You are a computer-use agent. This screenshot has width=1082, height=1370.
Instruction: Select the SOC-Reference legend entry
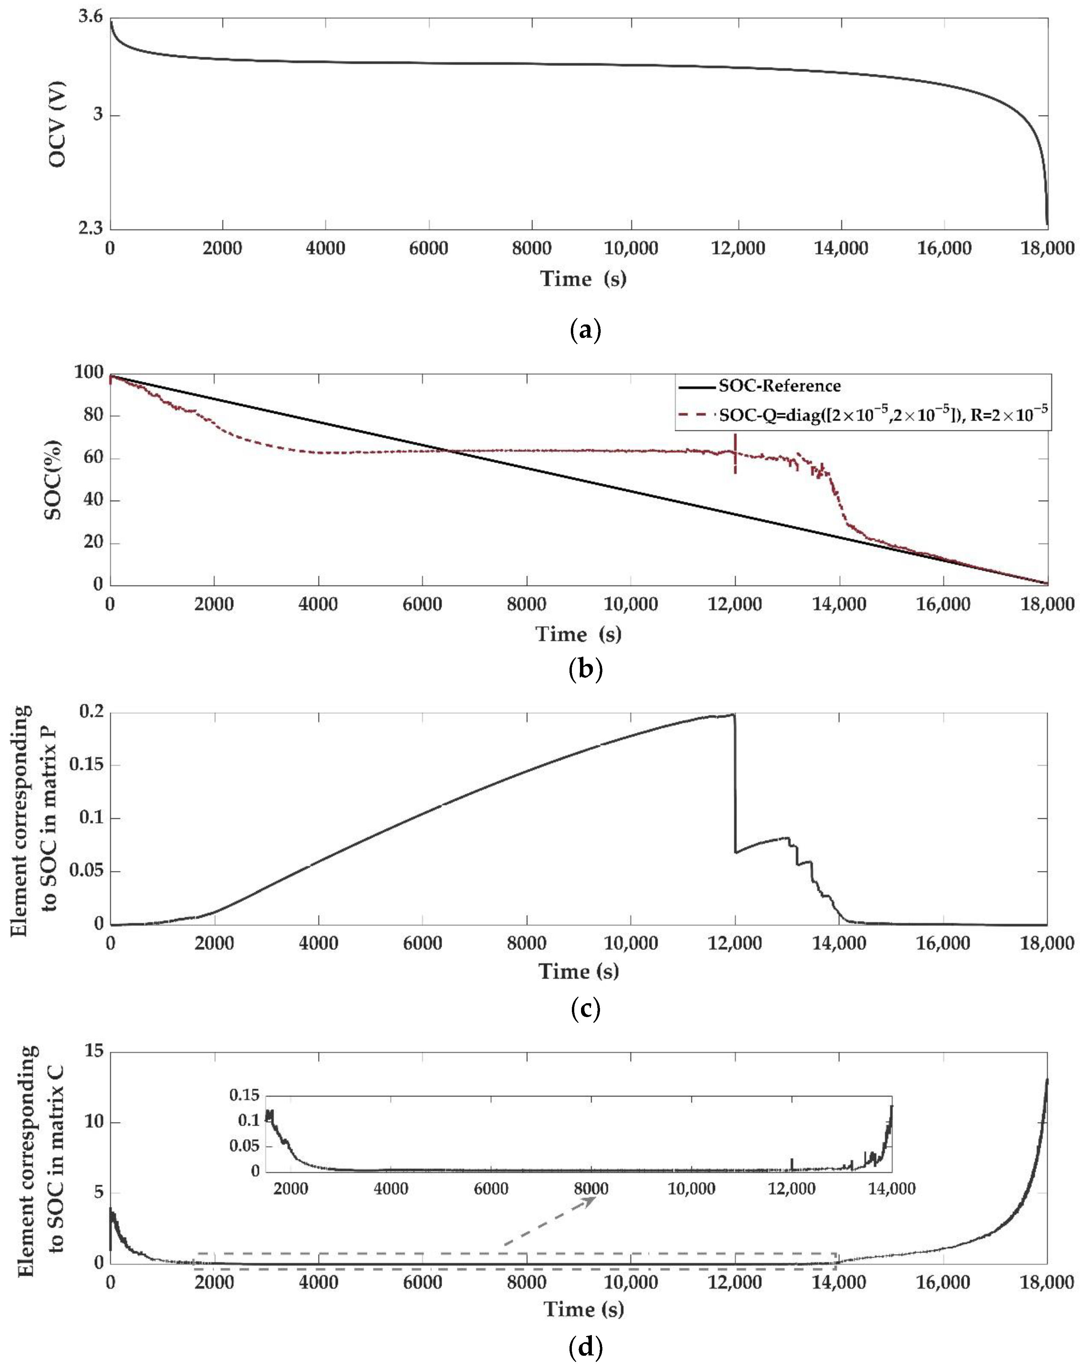(x=779, y=385)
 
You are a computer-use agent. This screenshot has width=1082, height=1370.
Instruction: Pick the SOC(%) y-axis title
(x=55, y=480)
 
